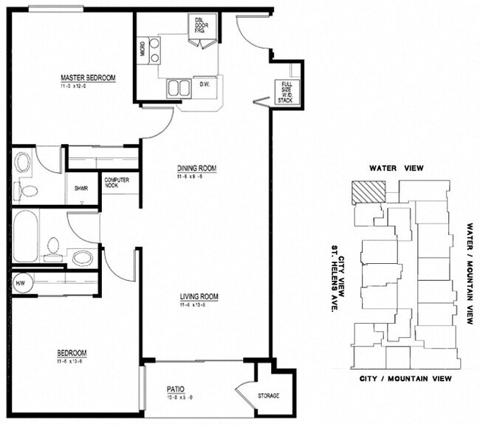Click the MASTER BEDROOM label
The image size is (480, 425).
click(88, 77)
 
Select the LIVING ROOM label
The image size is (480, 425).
click(199, 297)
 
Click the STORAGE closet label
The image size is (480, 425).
click(269, 396)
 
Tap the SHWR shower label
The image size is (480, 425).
click(80, 188)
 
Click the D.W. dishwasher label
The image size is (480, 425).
click(205, 85)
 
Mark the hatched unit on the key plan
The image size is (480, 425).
click(368, 191)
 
